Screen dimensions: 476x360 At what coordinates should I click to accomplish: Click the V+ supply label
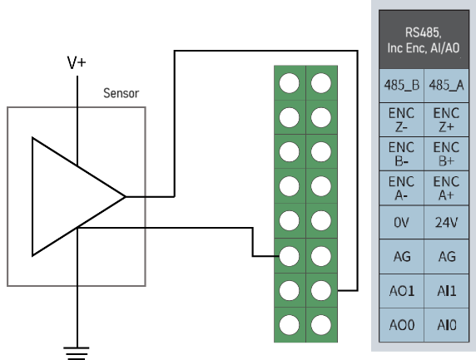coord(77,63)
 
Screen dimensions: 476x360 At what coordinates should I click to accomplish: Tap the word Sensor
coord(121,93)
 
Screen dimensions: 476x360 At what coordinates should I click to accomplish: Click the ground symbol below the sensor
coord(77,353)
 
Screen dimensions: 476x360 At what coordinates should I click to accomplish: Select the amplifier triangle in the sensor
coord(32,196)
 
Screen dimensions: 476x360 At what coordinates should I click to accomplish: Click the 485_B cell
coord(401,86)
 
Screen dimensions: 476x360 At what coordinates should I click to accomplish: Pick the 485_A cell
coord(446,86)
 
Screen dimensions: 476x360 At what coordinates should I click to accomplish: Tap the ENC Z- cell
coord(401,120)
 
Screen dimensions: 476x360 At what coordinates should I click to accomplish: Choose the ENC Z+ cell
coord(446,120)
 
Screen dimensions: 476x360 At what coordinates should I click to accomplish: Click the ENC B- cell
coord(401,154)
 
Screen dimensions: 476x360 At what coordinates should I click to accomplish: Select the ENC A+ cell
coord(446,188)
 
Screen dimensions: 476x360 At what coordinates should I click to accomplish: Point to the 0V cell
coord(401,222)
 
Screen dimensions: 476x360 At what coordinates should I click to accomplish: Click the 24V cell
coord(446,222)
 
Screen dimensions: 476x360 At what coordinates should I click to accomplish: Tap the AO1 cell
coord(401,291)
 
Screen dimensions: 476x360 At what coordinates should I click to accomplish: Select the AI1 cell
coord(446,291)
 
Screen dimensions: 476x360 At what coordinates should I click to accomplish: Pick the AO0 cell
coord(401,325)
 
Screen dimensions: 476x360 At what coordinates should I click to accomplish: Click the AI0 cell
coord(446,325)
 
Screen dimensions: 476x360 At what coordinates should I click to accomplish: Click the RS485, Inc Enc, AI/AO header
coord(424,39)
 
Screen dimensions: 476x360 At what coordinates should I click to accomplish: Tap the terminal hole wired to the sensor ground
coord(290,256)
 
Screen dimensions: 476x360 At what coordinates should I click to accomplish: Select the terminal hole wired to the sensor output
coord(321,290)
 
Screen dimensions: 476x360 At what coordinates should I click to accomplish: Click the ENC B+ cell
coord(446,154)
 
